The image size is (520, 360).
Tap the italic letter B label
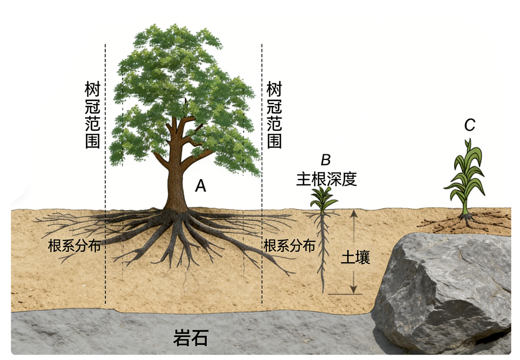pyautogui.click(x=326, y=160)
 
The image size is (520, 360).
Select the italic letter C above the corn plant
pyautogui.click(x=470, y=125)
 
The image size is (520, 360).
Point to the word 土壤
pyautogui.click(x=355, y=258)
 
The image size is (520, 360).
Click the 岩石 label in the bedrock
pyautogui.click(x=191, y=338)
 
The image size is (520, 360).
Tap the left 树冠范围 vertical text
pyautogui.click(x=92, y=115)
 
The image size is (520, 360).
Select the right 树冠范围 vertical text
pyautogui.click(x=274, y=115)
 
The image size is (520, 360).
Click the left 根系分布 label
pyautogui.click(x=75, y=246)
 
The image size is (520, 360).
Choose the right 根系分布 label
pyautogui.click(x=289, y=246)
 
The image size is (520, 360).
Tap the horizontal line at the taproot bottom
pyautogui.click(x=345, y=295)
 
